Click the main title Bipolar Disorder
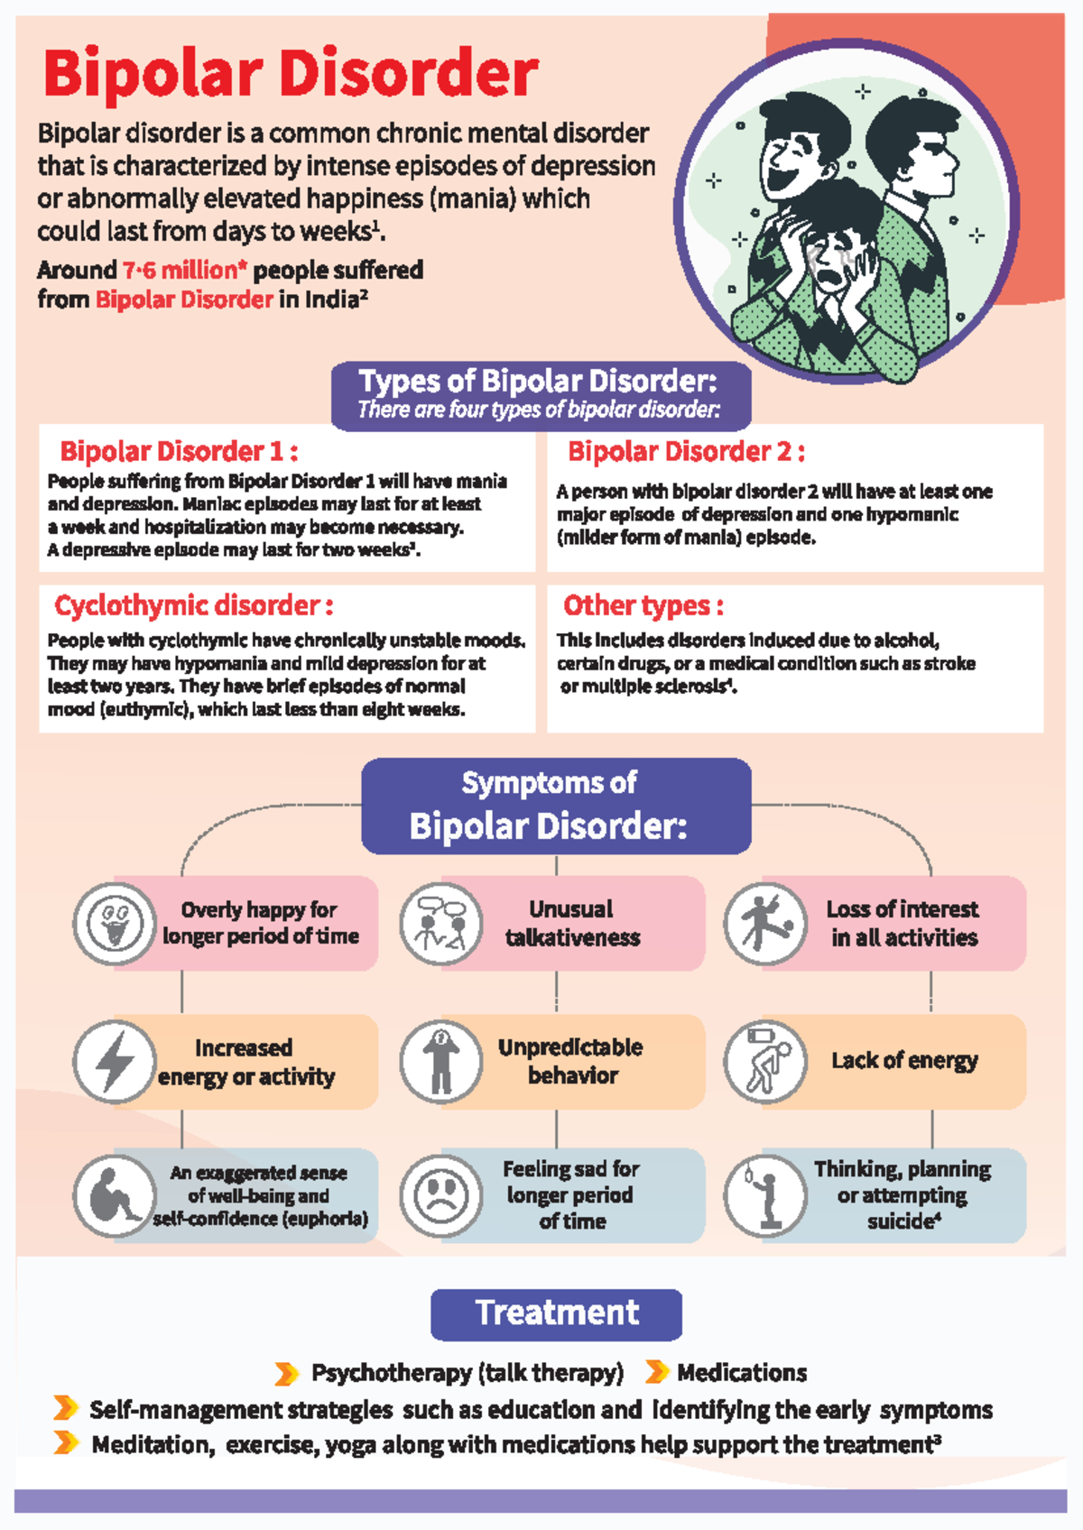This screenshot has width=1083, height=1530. click(x=291, y=74)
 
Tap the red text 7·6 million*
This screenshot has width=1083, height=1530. click(x=185, y=270)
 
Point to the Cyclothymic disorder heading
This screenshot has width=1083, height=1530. click(x=193, y=605)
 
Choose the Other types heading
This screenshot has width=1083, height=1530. click(x=643, y=605)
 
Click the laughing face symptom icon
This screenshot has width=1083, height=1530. click(x=115, y=924)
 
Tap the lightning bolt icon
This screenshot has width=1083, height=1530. click(x=115, y=1062)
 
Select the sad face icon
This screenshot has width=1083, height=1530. click(x=440, y=1196)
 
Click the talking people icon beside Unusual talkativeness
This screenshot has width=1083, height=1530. click(x=440, y=924)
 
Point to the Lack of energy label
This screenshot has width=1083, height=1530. click(x=904, y=1061)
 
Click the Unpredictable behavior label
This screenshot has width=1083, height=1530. click(x=571, y=1061)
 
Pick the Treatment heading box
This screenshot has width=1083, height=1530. click(x=556, y=1313)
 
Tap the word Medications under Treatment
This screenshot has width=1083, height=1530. click(x=742, y=1373)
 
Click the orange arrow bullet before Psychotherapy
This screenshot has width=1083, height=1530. click(x=286, y=1374)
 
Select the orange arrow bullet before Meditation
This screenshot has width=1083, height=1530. click(x=65, y=1442)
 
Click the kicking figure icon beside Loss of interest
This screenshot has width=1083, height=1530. click(x=764, y=924)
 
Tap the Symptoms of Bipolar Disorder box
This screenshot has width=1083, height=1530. click(x=556, y=806)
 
